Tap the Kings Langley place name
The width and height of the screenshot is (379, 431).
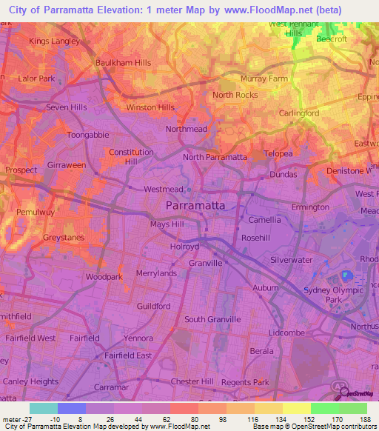click(54, 41)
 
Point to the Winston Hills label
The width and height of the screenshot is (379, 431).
click(150, 107)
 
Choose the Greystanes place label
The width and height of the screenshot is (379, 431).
click(63, 238)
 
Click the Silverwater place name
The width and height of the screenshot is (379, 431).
click(290, 260)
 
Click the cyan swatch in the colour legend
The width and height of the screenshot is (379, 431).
click(43, 408)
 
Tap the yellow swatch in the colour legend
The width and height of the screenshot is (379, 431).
click(296, 408)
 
